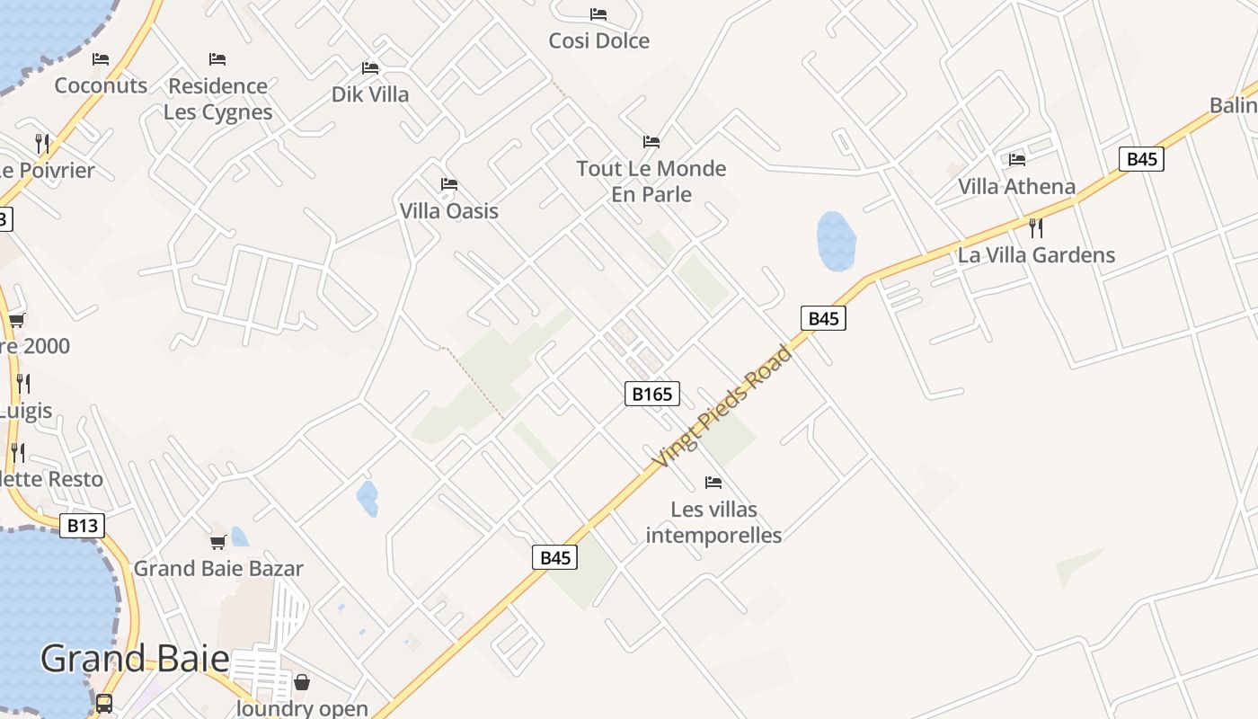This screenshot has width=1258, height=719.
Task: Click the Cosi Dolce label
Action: tap(598, 40)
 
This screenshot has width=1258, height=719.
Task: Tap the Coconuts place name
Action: tap(101, 85)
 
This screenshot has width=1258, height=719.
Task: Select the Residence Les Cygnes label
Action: tap(218, 99)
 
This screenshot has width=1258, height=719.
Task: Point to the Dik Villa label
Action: tap(370, 94)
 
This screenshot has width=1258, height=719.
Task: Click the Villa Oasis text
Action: tap(448, 211)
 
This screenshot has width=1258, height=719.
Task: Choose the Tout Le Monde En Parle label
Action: tap(651, 181)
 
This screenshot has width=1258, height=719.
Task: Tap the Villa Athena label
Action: tap(1016, 187)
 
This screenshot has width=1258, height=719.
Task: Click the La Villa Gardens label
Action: tap(1036, 255)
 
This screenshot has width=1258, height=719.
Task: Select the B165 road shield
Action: tap(652, 394)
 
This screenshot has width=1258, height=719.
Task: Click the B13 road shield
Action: tap(82, 526)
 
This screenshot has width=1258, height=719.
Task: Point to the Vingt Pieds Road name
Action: tap(723, 406)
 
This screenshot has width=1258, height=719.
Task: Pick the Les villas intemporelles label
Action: tap(713, 522)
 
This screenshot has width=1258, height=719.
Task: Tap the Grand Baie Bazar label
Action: tap(218, 568)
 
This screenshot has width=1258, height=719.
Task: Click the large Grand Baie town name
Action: tap(135, 659)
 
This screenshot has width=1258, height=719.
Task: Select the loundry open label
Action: tap(302, 708)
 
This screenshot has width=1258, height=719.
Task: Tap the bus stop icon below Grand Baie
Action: tap(104, 703)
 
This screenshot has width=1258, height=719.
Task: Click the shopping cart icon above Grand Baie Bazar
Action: tap(217, 542)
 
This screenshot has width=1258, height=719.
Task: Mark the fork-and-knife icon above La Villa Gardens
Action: tap(1035, 227)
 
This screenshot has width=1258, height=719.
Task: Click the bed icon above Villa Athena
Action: tap(1017, 160)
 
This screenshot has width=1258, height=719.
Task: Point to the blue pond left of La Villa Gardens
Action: tap(836, 241)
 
